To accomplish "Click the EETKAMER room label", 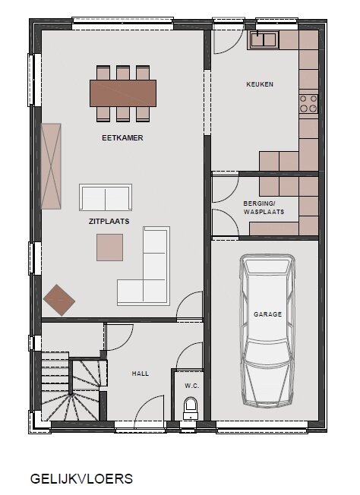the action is click(122, 138).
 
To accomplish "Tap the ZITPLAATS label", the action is click(109, 221).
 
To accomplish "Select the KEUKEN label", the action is click(260, 84).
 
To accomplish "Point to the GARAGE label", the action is click(267, 314).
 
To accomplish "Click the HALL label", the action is click(141, 374).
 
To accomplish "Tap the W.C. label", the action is click(191, 386).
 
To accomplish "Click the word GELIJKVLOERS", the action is click(81, 478).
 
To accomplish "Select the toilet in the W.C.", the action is click(191, 408).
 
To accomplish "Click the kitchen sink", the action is click(264, 39).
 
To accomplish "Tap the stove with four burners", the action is click(308, 103).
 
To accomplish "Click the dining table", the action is click(123, 93).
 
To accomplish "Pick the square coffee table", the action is click(109, 247).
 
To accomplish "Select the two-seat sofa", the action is click(106, 197).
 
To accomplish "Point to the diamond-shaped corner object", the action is click(59, 300).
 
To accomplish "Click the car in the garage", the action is click(267, 330).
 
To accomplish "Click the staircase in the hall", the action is click(71, 386).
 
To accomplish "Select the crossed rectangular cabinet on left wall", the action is click(51, 166).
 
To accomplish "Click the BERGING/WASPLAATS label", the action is click(264, 207).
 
